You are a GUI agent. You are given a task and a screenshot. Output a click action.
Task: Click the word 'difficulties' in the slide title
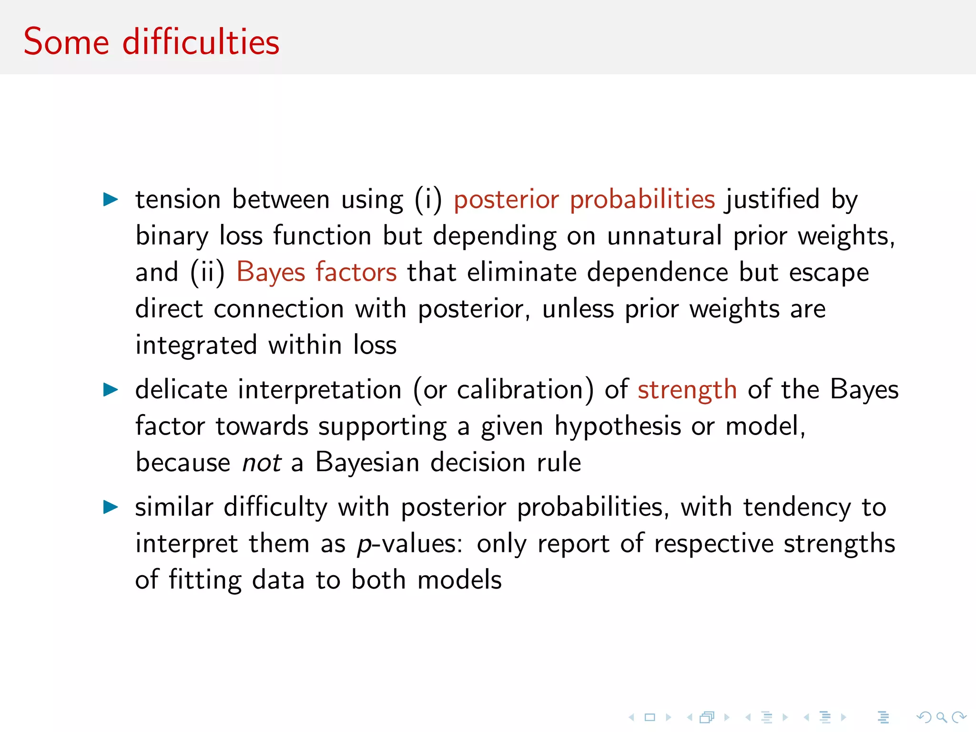tap(201, 42)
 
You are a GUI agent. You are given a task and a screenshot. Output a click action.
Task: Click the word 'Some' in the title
tap(66, 42)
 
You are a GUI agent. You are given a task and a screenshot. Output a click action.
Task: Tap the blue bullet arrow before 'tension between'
tap(111, 199)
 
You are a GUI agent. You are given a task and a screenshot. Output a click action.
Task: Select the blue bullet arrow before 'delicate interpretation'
tap(111, 390)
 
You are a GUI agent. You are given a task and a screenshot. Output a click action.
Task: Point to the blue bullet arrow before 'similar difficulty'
tap(111, 507)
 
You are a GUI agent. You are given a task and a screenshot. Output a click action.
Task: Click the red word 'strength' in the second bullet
tap(687, 390)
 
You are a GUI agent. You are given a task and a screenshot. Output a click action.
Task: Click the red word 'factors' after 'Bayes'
tap(356, 273)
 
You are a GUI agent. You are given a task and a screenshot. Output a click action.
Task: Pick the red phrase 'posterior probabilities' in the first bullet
tap(584, 199)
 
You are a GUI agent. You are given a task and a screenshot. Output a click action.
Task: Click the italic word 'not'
tap(261, 463)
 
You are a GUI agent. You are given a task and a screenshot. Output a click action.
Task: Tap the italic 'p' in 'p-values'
tap(364, 544)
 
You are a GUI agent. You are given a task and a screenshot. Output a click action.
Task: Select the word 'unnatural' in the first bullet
tap(664, 236)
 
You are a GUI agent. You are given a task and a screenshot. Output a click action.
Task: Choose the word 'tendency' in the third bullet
tap(797, 507)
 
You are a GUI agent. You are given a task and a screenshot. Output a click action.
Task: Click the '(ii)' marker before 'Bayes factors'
tap(207, 273)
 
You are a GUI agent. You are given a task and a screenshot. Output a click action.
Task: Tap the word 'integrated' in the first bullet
tap(196, 346)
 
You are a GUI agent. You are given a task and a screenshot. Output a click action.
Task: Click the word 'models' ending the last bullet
tap(459, 580)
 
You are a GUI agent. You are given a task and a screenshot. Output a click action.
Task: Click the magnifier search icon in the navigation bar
tap(941, 717)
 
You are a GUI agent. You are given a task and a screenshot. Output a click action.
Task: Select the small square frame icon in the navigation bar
tap(650, 717)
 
